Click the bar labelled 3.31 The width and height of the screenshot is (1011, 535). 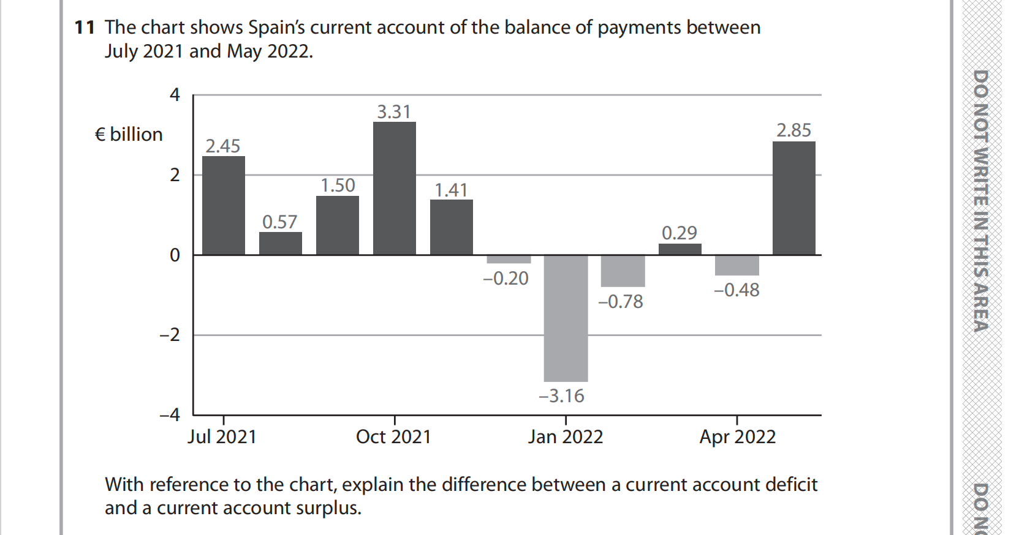click(394, 188)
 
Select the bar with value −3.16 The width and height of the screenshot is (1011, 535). click(566, 318)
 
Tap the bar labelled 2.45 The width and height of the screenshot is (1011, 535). click(223, 205)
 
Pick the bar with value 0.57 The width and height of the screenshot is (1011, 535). click(280, 243)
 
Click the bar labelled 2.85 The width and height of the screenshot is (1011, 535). click(793, 198)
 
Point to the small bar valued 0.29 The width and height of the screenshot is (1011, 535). click(680, 249)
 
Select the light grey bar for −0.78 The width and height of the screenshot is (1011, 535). click(623, 271)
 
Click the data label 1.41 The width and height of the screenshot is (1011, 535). click(451, 190)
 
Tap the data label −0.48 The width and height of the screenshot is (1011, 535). click(736, 290)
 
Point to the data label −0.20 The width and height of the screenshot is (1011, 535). click(505, 279)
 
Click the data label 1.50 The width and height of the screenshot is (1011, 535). click(338, 185)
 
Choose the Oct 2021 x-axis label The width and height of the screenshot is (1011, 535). click(393, 437)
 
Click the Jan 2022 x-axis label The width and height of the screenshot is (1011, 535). click(566, 437)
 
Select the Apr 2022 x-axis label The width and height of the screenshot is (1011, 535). click(737, 437)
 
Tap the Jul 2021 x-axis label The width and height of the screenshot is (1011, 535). click(222, 437)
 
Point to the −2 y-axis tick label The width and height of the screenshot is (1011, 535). click(170, 335)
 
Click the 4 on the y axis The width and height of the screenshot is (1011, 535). click(175, 95)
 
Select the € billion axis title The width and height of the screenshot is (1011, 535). click(129, 135)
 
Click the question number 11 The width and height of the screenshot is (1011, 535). click(85, 28)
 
